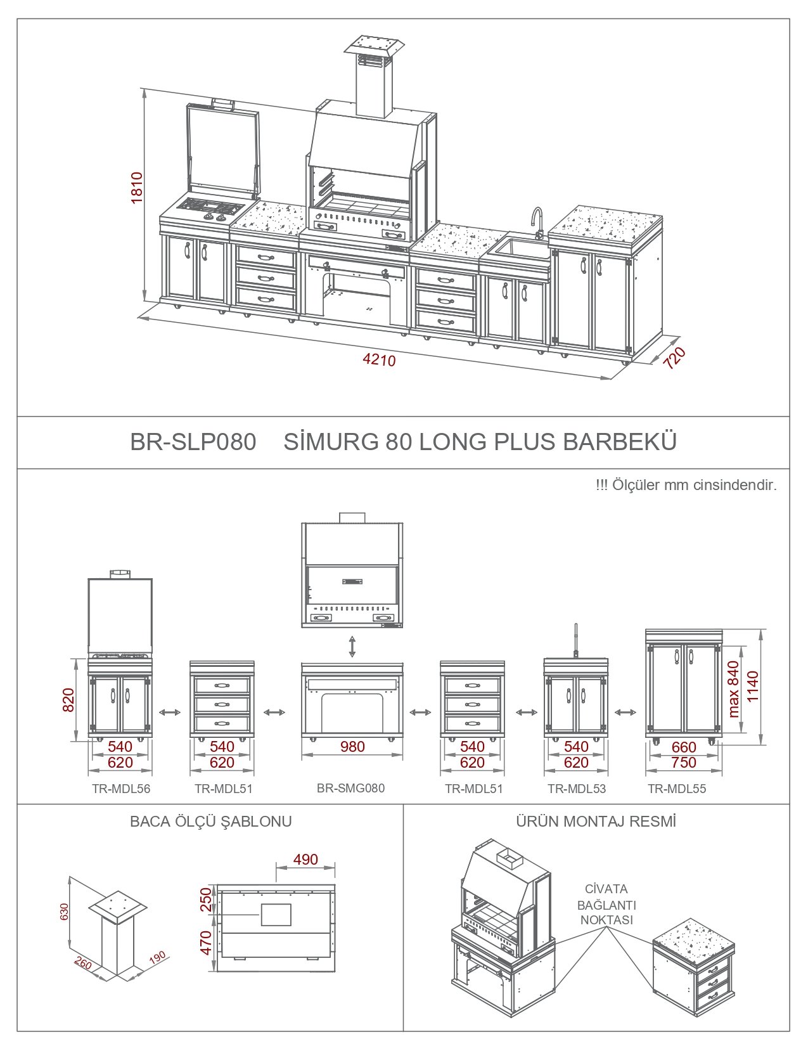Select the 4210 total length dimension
(x=379, y=360)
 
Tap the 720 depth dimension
(x=674, y=358)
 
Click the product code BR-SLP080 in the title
(x=193, y=442)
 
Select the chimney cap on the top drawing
(x=374, y=46)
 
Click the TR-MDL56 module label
(x=121, y=789)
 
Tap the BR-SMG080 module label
(x=350, y=788)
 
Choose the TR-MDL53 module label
(x=577, y=789)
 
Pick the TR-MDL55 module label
(x=677, y=789)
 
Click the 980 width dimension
(x=352, y=746)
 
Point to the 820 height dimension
(x=69, y=700)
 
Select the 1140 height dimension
(x=753, y=686)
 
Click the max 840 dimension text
(x=733, y=689)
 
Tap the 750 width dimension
(x=684, y=763)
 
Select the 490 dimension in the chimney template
(x=305, y=860)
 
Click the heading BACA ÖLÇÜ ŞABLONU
(x=210, y=822)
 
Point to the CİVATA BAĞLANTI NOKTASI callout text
(x=606, y=905)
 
